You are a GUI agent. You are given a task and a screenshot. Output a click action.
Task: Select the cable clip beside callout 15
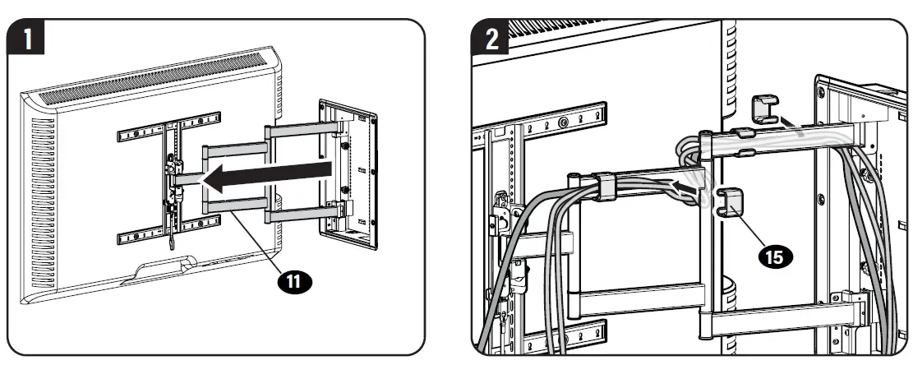[727, 202]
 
